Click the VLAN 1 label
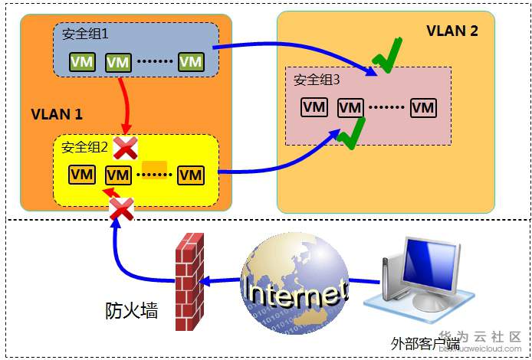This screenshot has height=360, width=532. pos(57,115)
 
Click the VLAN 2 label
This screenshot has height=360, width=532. pos(452,31)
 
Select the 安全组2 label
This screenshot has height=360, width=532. pos(85,146)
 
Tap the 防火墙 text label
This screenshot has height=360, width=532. pos(131,310)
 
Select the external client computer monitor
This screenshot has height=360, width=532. pos(432,267)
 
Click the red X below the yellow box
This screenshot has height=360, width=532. pos(120,208)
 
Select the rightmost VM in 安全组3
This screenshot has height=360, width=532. pos(423,107)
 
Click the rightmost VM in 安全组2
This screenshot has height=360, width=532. pos(191,175)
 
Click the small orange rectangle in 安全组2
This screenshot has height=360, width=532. pos(155,166)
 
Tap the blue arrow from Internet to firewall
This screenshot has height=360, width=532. pos(218,280)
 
